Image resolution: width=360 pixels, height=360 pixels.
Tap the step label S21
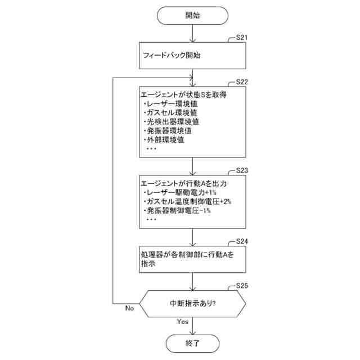[239, 38]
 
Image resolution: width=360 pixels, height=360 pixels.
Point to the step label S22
[239, 82]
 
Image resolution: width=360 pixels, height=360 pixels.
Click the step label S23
[239, 170]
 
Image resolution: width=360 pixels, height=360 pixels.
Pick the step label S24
[239, 241]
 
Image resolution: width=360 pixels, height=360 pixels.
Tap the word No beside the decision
[129, 308]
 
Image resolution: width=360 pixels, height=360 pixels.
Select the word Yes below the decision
[183, 322]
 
